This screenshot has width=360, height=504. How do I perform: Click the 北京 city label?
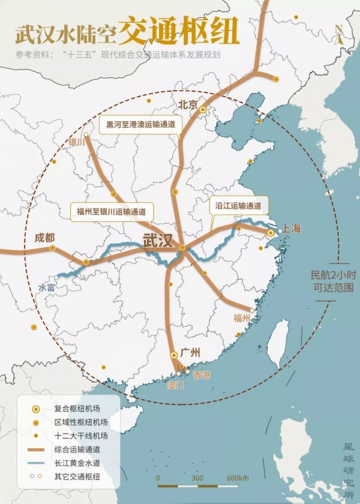(187, 104)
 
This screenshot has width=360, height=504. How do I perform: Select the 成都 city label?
(44, 236)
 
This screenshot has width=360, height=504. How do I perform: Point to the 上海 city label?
(292, 229)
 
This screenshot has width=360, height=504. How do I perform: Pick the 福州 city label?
(244, 319)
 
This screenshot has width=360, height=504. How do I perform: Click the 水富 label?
(47, 287)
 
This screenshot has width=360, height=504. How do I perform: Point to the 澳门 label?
(175, 385)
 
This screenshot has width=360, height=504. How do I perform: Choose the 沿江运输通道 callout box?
(238, 205)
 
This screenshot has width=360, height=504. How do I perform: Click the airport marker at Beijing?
(203, 109)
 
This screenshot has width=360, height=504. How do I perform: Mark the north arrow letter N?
(339, 29)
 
